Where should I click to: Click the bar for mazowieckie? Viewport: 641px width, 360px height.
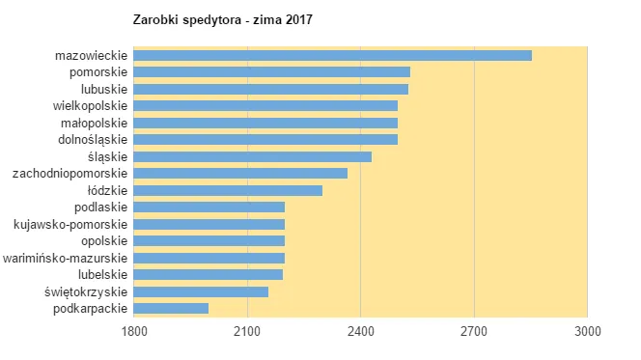(332, 55)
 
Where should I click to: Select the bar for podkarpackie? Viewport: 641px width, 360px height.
(171, 308)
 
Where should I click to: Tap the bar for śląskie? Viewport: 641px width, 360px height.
(252, 156)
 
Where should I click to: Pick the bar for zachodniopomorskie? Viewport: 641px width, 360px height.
(240, 173)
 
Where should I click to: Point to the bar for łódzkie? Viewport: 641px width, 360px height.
(228, 190)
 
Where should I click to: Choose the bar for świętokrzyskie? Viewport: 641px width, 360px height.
(201, 291)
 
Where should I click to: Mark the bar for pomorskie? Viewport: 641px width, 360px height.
(271, 71)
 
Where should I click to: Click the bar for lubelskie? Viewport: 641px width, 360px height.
(208, 274)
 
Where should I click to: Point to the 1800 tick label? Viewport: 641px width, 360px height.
(133, 331)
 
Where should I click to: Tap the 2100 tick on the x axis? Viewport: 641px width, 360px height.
(247, 331)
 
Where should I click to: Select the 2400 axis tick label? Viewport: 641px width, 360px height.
(361, 331)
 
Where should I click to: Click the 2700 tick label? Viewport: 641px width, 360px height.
(474, 331)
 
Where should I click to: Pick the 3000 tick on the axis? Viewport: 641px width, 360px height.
(587, 331)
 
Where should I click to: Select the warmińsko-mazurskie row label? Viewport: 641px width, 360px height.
(66, 258)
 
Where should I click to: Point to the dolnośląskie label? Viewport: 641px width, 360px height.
(93, 139)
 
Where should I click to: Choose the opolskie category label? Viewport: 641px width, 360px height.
(104, 240)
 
